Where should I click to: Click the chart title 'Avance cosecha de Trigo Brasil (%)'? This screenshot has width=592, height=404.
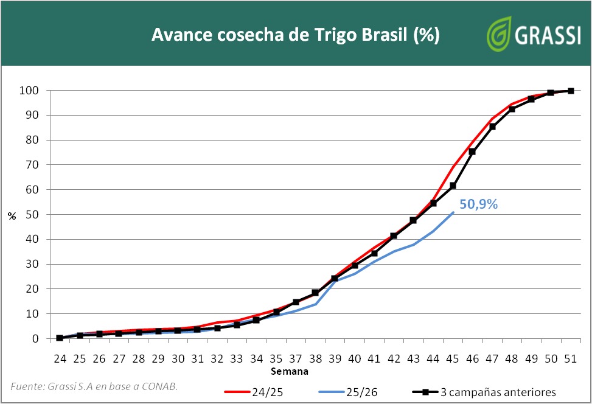(x=295, y=35)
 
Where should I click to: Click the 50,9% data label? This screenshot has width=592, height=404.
(x=478, y=205)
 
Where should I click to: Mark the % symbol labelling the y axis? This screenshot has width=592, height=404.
(x=12, y=215)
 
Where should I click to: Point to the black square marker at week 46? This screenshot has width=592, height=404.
(x=472, y=151)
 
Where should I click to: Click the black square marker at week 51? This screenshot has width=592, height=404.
(x=571, y=91)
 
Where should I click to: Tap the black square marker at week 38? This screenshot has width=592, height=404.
(x=315, y=293)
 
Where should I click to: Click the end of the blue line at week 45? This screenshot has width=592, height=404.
(x=453, y=212)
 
